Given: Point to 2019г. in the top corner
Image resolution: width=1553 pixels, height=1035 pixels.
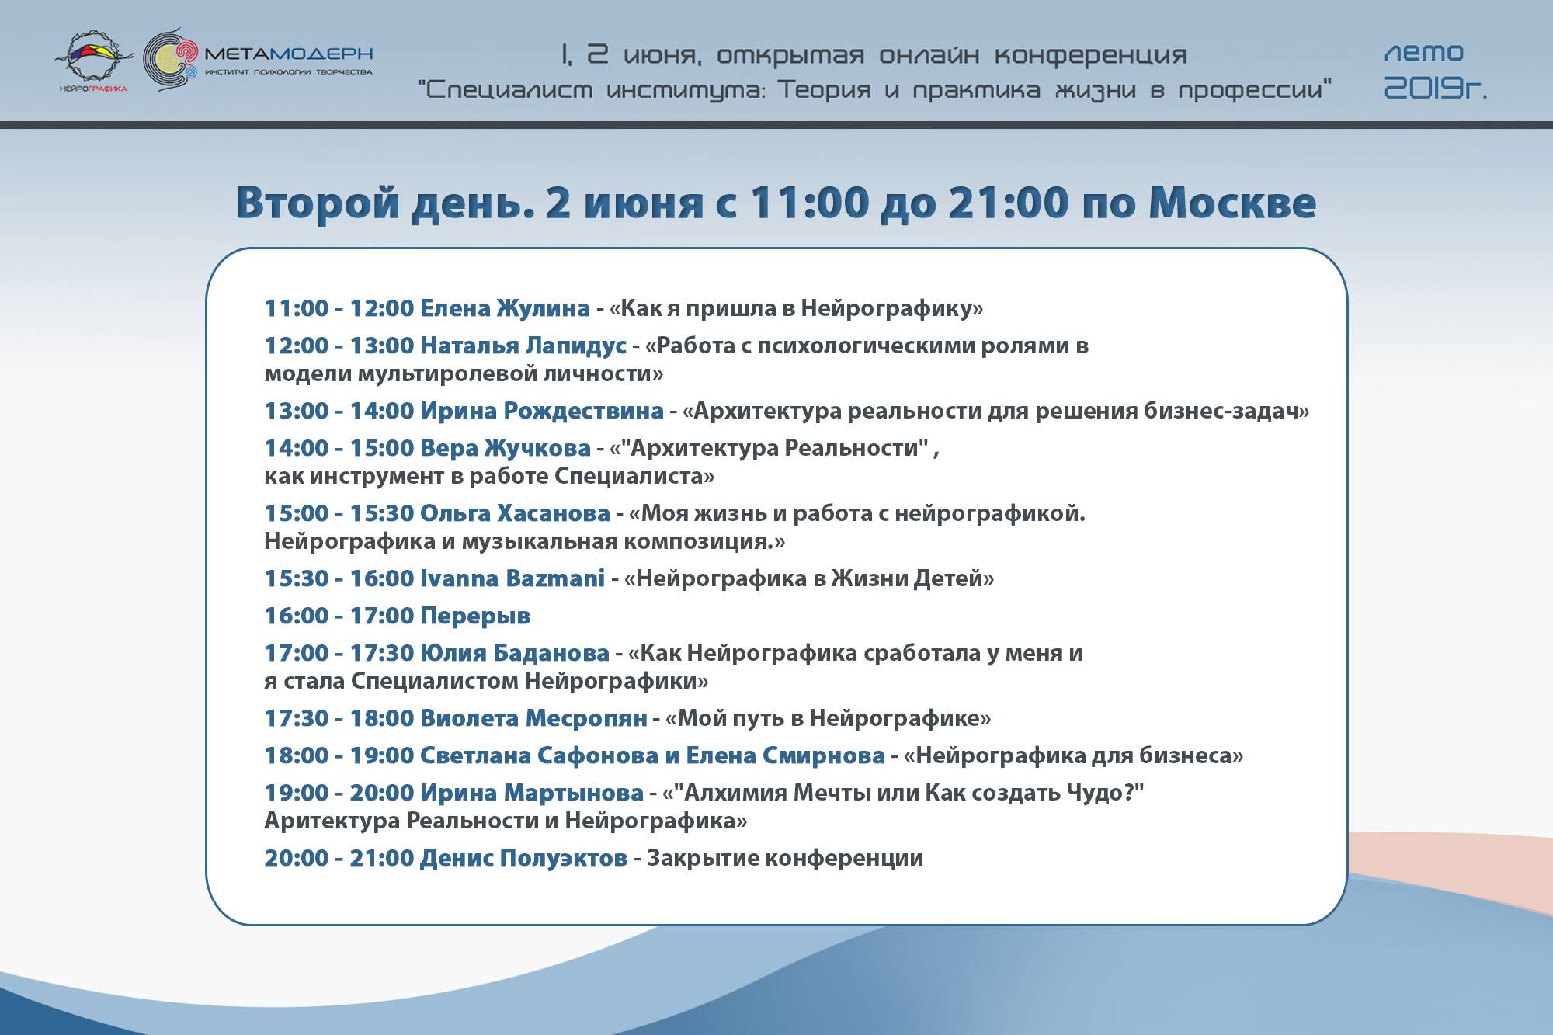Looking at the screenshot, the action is point(1436,90).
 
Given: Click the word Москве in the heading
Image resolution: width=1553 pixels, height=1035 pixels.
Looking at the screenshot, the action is point(1232,203).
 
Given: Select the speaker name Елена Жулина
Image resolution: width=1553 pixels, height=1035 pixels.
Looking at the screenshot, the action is point(505,308).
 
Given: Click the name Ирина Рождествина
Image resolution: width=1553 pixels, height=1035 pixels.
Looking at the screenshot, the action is point(542,411).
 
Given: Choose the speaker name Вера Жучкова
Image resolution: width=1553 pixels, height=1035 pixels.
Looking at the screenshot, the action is point(506,448).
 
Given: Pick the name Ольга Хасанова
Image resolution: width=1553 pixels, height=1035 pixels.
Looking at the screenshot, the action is point(515,513).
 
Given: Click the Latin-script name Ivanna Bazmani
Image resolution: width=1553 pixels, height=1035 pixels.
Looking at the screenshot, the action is point(512,578).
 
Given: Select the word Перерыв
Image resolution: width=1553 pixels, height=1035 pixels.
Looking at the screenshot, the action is point(475,616).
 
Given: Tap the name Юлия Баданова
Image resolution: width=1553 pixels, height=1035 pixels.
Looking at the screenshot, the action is point(515,653).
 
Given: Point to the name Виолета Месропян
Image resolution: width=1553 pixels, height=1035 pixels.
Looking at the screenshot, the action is point(533,718).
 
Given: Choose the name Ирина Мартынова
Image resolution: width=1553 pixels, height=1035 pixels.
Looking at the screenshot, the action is point(532,793).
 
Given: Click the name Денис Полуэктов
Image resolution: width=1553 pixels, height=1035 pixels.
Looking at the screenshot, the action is point(523,858).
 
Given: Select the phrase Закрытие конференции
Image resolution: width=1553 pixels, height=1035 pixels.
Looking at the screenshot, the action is point(785,858).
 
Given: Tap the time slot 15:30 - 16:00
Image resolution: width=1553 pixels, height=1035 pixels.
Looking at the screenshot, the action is point(339,578).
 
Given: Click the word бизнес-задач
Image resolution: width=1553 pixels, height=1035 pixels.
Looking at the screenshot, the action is point(1227,411).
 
